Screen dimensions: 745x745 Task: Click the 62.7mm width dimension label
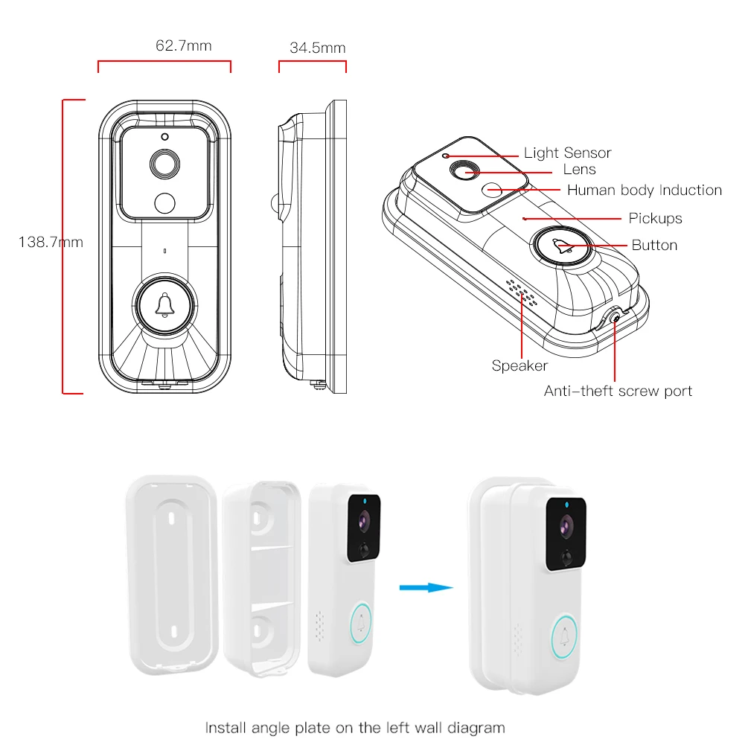click(x=183, y=46)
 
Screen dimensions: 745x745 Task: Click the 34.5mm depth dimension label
click(x=317, y=48)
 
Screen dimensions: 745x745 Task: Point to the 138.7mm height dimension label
click(x=51, y=242)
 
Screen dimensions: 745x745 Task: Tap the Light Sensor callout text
click(x=567, y=153)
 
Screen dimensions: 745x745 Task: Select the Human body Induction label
click(x=645, y=190)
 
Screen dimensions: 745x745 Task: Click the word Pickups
click(x=655, y=218)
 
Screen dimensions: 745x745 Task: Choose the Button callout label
click(x=654, y=245)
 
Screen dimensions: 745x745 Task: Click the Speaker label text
click(x=519, y=365)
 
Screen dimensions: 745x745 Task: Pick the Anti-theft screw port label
click(x=618, y=391)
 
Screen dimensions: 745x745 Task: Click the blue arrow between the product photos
click(x=426, y=588)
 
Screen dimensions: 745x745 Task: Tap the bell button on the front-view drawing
click(x=165, y=305)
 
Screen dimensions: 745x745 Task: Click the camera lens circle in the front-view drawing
click(x=165, y=163)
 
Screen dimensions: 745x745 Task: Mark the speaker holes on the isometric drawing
click(x=520, y=292)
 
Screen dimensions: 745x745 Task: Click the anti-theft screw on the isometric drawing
click(x=615, y=318)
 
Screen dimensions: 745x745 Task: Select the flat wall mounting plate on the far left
click(x=171, y=572)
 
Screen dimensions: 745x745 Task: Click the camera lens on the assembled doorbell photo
click(x=566, y=526)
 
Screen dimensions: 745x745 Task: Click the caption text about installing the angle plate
click(x=355, y=727)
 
